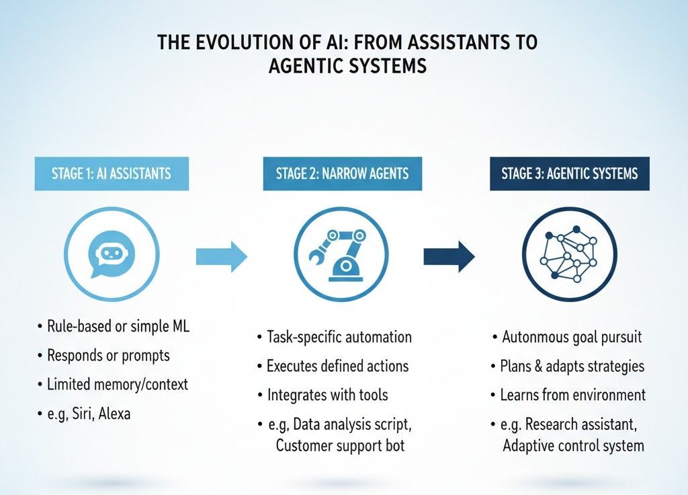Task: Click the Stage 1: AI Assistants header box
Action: [111, 174]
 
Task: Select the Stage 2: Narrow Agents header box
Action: [342, 174]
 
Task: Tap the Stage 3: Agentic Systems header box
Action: [569, 174]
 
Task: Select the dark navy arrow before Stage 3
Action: [449, 256]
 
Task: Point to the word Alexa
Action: [114, 414]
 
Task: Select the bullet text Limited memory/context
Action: [117, 385]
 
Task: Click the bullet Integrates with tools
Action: [329, 395]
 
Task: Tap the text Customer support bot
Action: [340, 445]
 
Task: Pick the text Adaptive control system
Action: [573, 445]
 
